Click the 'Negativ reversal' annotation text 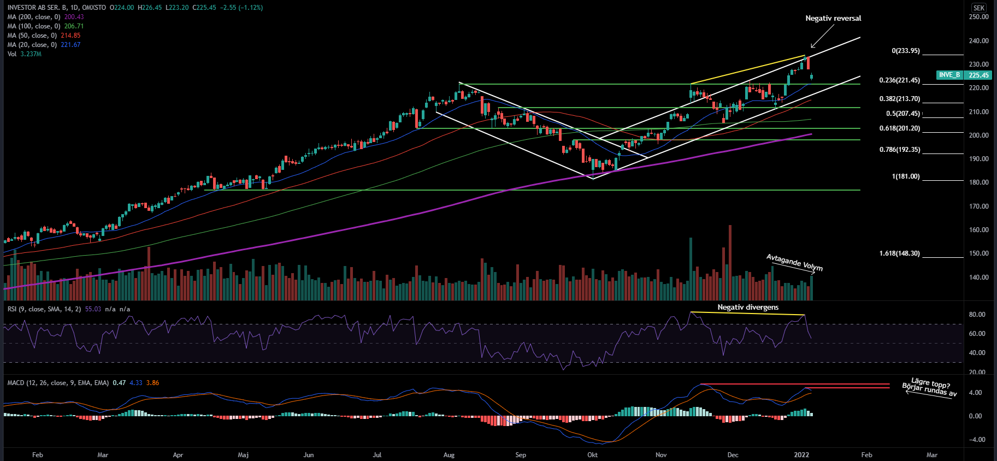click(x=833, y=19)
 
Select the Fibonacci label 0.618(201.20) click(x=899, y=128)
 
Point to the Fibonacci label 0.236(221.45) click(x=899, y=80)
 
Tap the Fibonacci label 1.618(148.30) click(x=899, y=253)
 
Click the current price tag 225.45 click(x=978, y=75)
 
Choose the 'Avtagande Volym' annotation click(x=794, y=262)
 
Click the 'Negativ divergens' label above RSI click(x=748, y=308)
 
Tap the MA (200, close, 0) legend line click(x=45, y=17)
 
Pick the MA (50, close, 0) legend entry click(x=44, y=36)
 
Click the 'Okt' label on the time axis click(x=592, y=454)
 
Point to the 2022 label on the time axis click(x=801, y=454)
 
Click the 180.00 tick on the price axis click(x=978, y=182)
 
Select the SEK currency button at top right click(x=979, y=8)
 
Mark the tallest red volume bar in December click(x=730, y=262)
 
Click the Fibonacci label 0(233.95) click(x=905, y=51)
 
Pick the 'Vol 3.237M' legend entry click(x=25, y=54)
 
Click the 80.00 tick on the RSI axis click(x=977, y=315)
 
